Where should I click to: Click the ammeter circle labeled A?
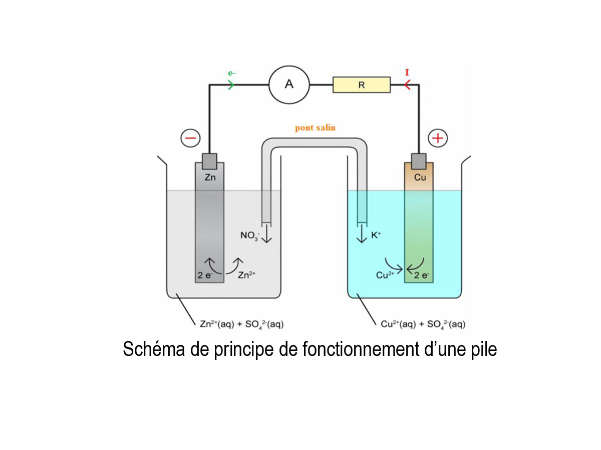[289, 84]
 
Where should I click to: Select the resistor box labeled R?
[361, 85]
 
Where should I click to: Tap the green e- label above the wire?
[232, 73]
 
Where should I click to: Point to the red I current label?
[407, 73]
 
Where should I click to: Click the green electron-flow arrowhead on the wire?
[231, 85]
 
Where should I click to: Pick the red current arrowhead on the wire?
[407, 85]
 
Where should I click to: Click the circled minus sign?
[191, 138]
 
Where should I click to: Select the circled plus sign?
[439, 138]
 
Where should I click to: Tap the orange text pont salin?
[315, 128]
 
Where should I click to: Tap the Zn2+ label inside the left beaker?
[247, 274]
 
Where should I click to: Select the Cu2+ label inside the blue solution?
[385, 274]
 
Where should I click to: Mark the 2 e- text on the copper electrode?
[421, 274]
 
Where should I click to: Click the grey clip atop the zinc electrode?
[209, 160]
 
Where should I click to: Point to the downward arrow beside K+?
[362, 234]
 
